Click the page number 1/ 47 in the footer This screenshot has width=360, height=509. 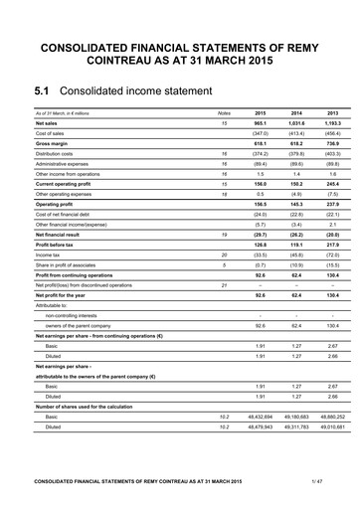point(316,481)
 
